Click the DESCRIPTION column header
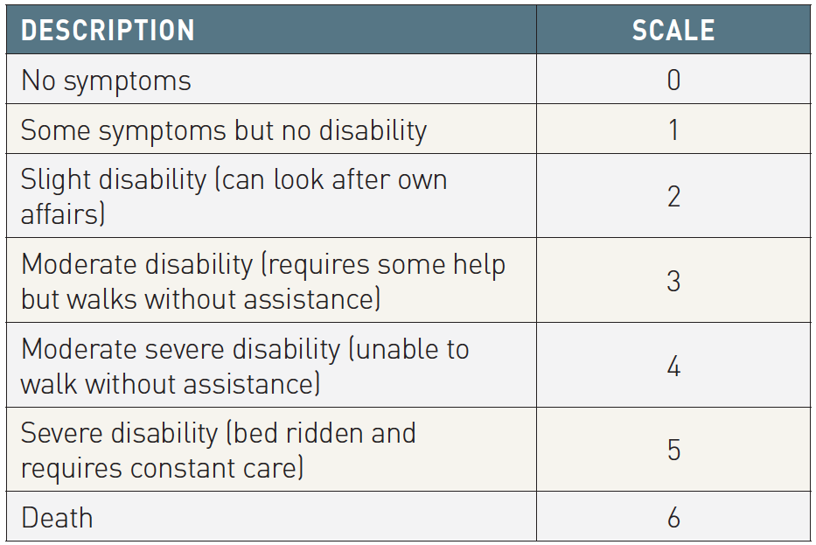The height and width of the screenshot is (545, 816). click(x=108, y=31)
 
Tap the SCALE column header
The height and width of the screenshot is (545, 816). click(x=673, y=31)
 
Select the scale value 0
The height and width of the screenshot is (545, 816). click(x=673, y=80)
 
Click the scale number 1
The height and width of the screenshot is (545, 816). click(x=673, y=129)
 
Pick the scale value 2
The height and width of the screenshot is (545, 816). click(x=673, y=196)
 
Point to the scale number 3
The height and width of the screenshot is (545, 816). click(x=673, y=281)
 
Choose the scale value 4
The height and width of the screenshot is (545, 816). click(x=673, y=366)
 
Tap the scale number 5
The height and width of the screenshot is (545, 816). click(x=673, y=450)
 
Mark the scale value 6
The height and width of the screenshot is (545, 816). click(x=673, y=517)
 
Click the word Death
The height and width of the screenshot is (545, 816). click(x=57, y=518)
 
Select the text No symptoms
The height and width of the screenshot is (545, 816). click(x=106, y=81)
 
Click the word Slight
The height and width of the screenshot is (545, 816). click(x=56, y=181)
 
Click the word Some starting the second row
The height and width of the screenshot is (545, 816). click(x=55, y=130)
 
